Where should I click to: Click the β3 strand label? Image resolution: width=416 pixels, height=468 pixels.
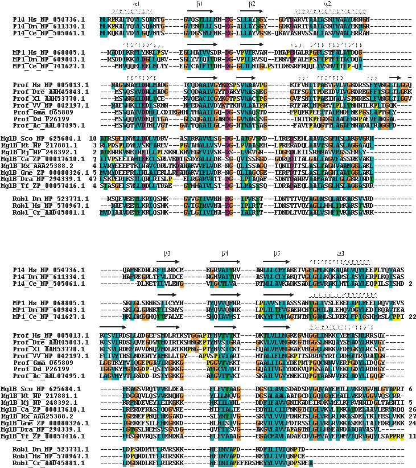[167, 252]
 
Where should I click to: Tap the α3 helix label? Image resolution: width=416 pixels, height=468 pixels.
[340, 252]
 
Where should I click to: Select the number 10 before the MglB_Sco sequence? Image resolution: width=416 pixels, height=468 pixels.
[93, 138]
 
